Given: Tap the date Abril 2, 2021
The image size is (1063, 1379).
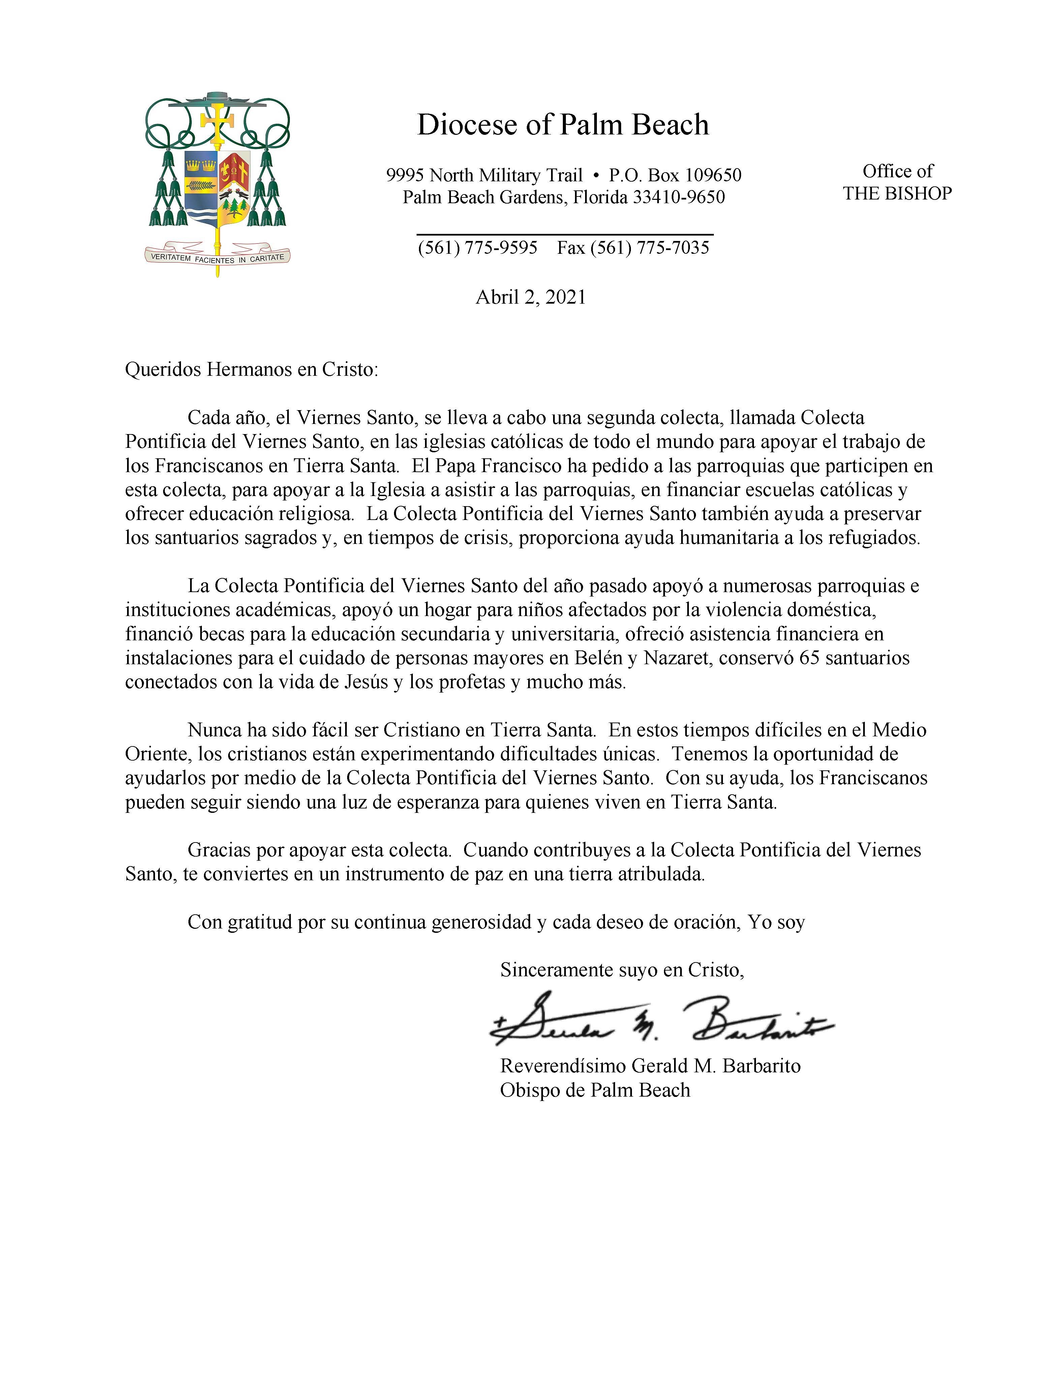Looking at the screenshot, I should (x=530, y=297).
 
